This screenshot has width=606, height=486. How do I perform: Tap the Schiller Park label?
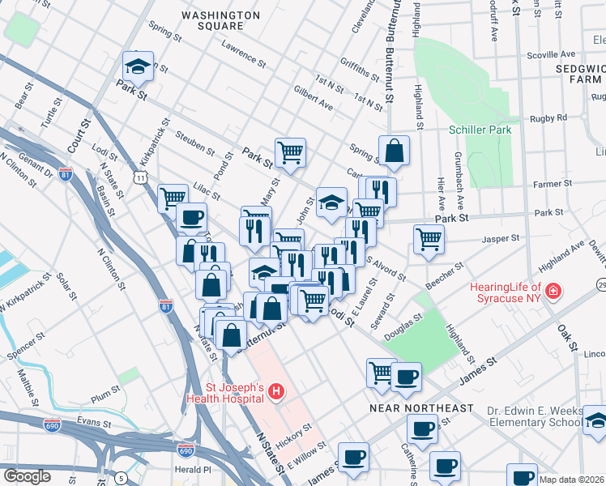click(x=481, y=130)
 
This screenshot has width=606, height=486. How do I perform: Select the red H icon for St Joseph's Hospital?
click(x=275, y=392)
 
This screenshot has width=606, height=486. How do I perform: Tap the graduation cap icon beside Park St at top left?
click(x=138, y=67)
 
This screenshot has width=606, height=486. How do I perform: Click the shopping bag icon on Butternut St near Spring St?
click(x=394, y=151)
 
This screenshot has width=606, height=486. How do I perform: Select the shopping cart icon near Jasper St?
click(x=429, y=239)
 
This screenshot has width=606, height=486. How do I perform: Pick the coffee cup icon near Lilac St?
click(x=191, y=218)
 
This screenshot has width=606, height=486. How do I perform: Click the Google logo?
click(x=27, y=476)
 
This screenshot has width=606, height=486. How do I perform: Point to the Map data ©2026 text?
click(x=572, y=480)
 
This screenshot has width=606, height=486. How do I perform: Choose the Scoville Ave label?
click(x=550, y=56)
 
